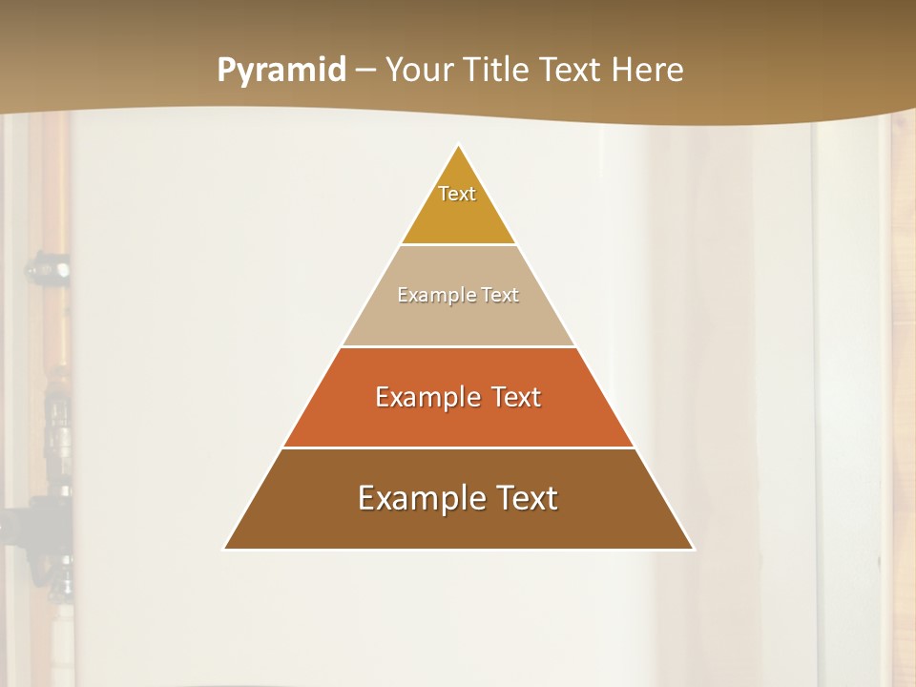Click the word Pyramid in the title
281,71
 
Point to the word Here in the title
648,71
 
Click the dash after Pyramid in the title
365,71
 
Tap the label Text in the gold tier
457,194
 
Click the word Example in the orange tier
427,397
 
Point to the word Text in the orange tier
516,397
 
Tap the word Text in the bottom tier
526,498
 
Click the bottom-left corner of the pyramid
225,549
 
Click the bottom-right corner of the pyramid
693,549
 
